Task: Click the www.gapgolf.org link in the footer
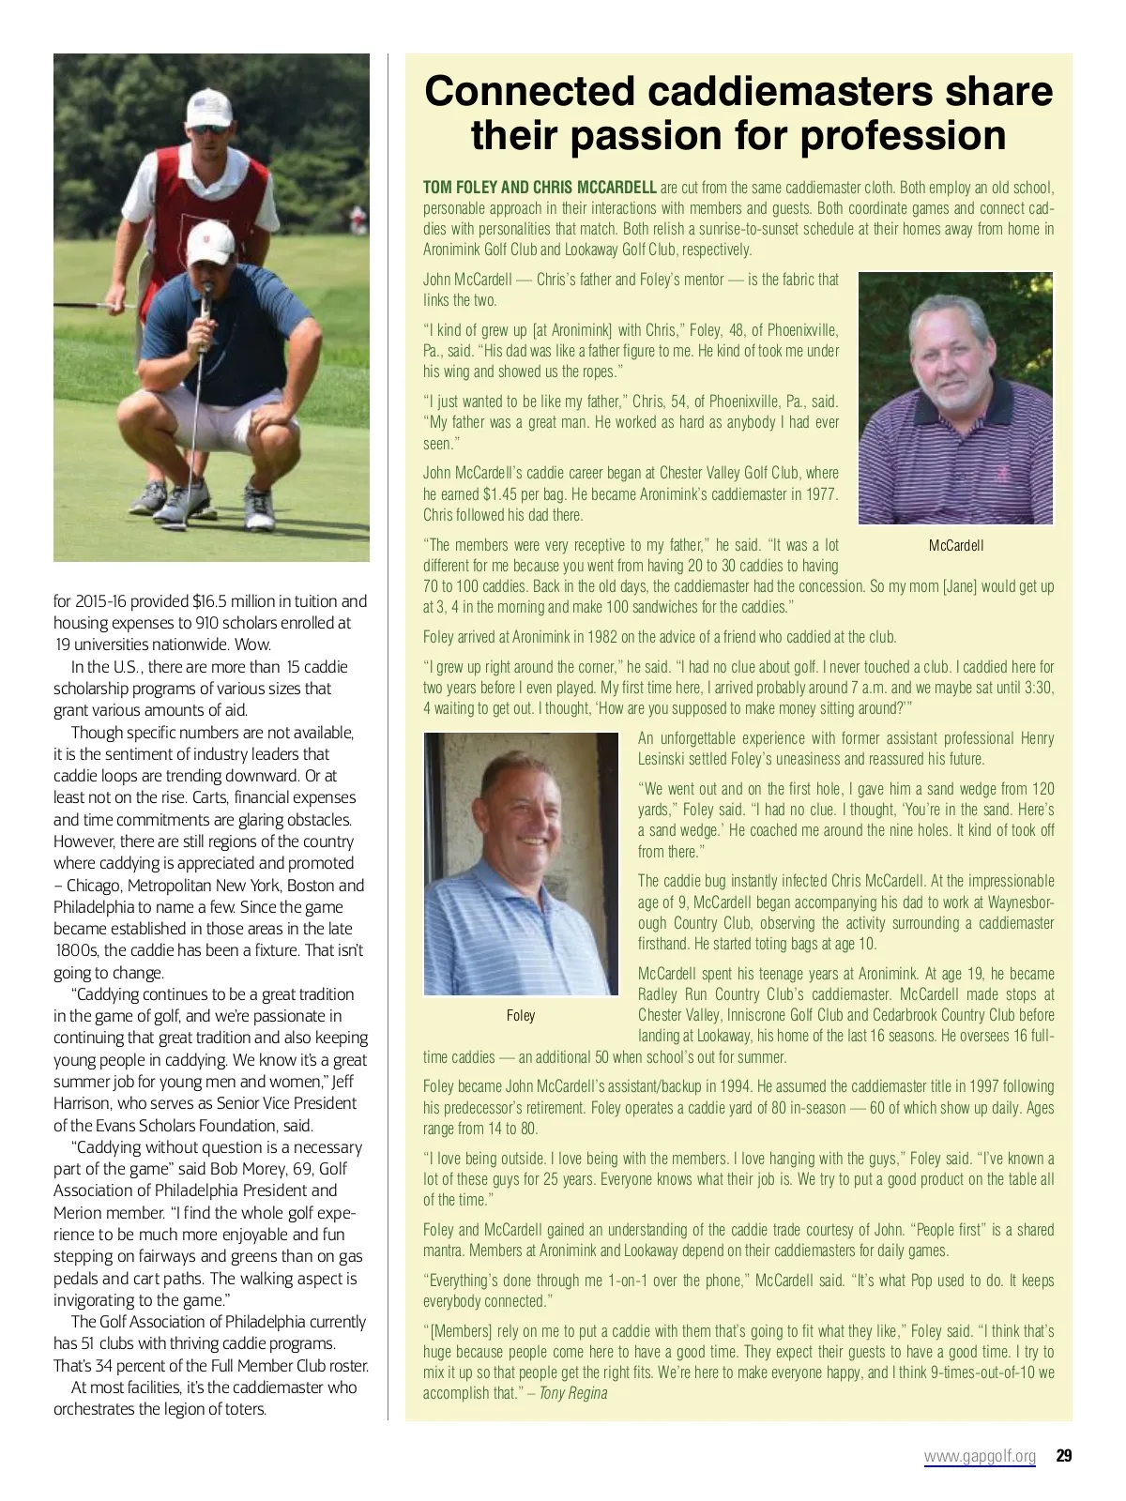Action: click(980, 1456)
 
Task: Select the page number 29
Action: click(1063, 1456)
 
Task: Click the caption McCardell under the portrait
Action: click(956, 545)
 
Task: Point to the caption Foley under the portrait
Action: click(521, 1015)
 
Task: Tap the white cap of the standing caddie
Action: click(208, 105)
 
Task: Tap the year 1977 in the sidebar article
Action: click(820, 493)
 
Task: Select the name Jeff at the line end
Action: click(342, 1082)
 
